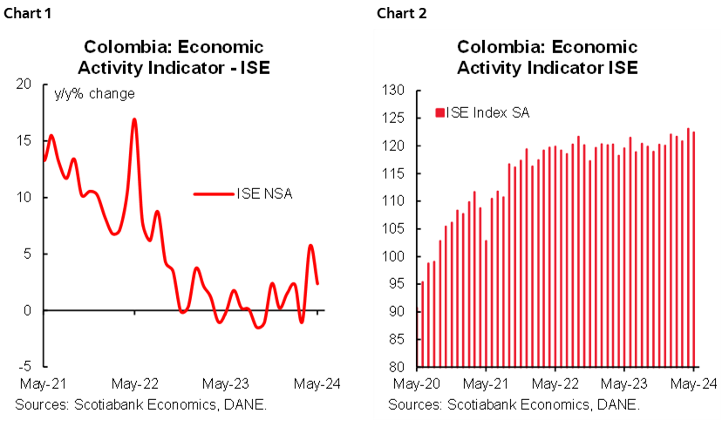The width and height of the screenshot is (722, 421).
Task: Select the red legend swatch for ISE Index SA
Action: pos(440,112)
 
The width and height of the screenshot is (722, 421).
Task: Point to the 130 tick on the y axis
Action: pos(396,91)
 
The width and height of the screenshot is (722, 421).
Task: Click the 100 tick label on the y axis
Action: pos(396,256)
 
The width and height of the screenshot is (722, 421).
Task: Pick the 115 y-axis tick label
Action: pos(396,173)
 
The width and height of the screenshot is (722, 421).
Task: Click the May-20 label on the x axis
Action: pos(417,384)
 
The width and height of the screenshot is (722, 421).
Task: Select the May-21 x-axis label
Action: pos(486,384)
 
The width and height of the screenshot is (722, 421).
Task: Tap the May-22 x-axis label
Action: pos(555,384)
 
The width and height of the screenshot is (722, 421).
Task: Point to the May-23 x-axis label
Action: pos(624,384)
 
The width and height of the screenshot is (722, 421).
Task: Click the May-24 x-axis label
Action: pos(693,384)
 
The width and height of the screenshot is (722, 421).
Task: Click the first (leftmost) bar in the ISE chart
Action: pos(423,323)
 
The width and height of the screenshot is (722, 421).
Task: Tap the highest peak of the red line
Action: pos(134,119)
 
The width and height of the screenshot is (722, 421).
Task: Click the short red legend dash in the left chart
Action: pos(214,194)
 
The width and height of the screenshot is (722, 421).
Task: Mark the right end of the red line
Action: pos(317,283)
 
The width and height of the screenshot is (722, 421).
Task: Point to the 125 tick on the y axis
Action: pos(396,119)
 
